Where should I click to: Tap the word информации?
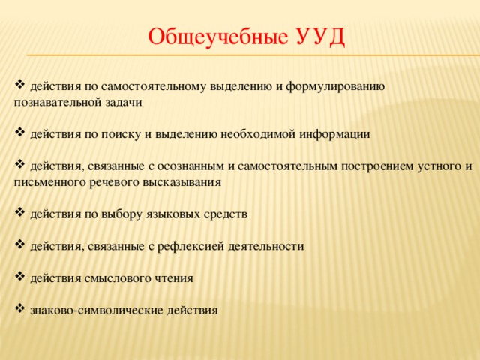pos(334,134)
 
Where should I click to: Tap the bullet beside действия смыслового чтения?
pos(20,277)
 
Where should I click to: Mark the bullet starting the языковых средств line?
pos(20,212)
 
